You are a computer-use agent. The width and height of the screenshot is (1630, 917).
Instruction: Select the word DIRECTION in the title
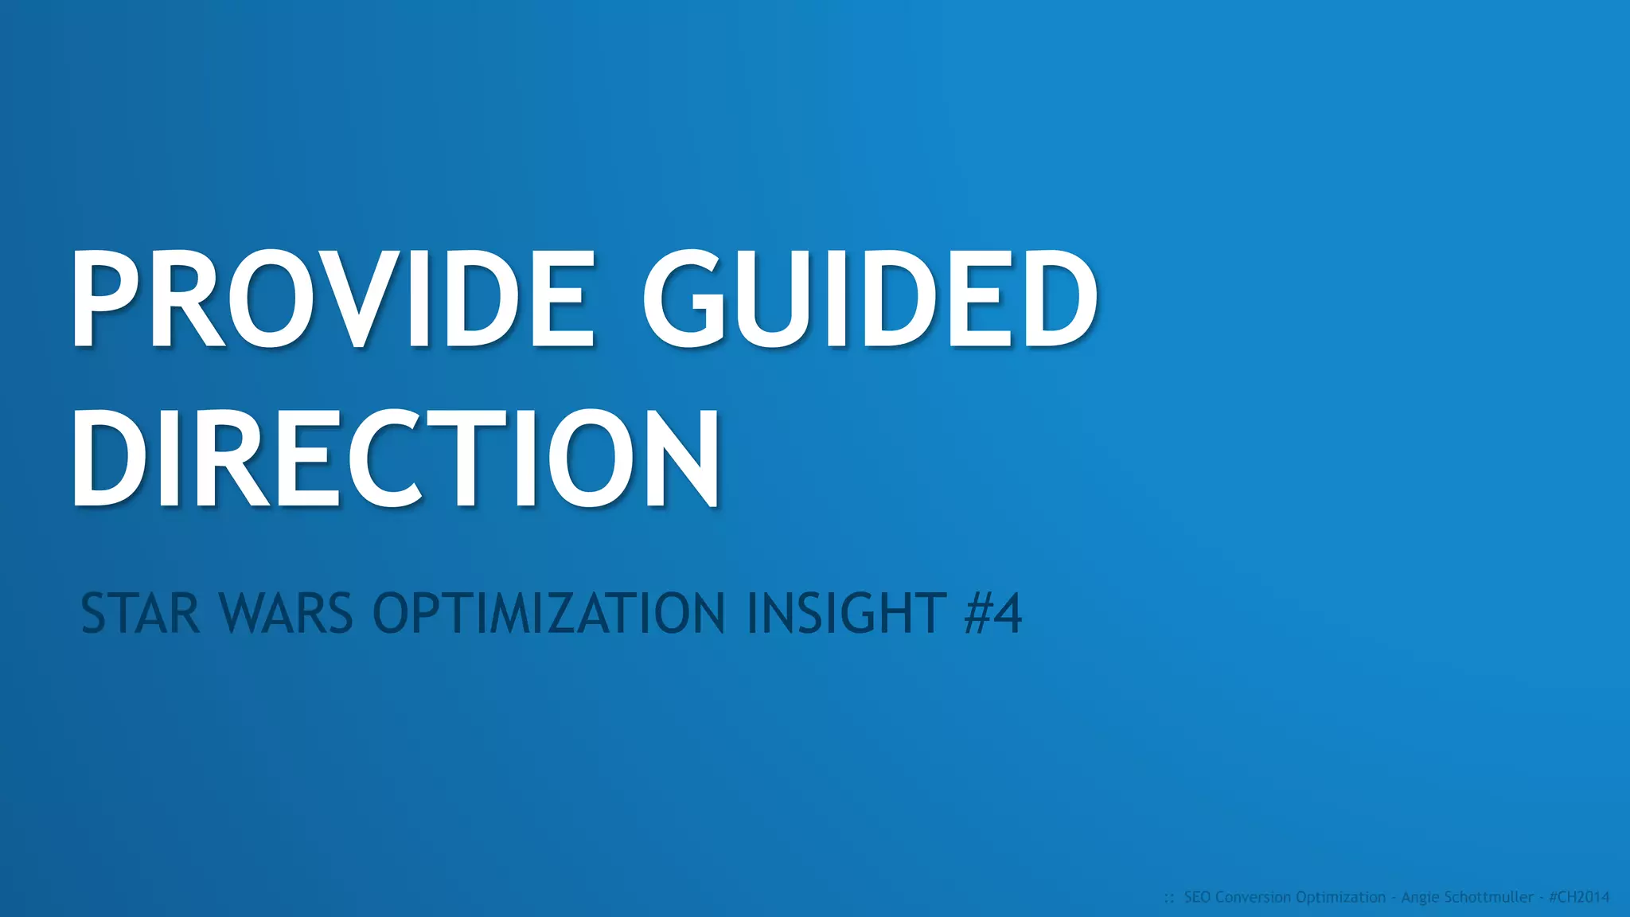pos(396,458)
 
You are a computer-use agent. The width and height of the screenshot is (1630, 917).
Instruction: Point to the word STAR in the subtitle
pos(140,614)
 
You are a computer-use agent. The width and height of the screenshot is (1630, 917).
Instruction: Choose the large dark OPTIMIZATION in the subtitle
pos(549,614)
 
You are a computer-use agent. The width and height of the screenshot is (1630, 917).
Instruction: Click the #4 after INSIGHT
pos(992,614)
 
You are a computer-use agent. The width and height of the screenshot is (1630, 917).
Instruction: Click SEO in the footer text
pos(1197,897)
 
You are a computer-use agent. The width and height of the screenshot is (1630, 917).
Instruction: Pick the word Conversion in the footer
pos(1254,897)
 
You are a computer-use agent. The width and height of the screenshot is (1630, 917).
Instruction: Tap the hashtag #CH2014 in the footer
pos(1579,897)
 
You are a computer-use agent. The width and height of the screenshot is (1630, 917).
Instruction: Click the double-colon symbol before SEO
pos(1169,899)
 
